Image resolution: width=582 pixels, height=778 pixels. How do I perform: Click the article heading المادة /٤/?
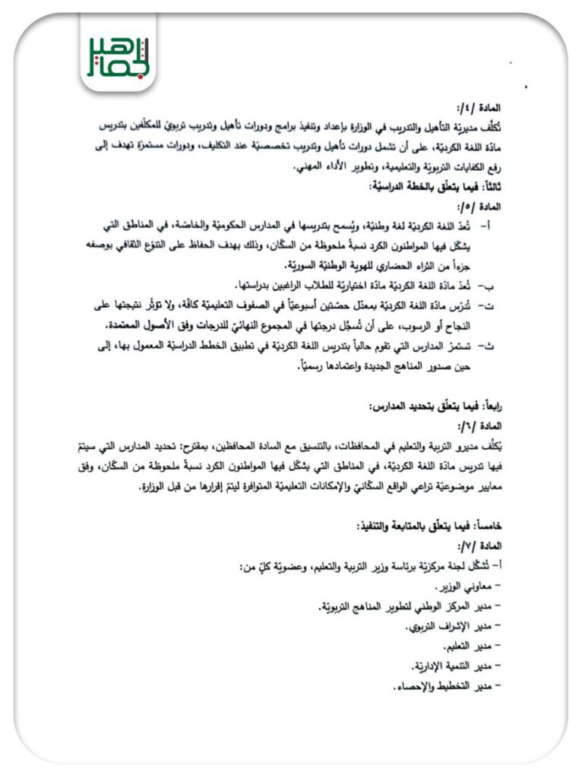[x=477, y=109]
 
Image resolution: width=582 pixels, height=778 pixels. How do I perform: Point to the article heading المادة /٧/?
[x=478, y=546]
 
